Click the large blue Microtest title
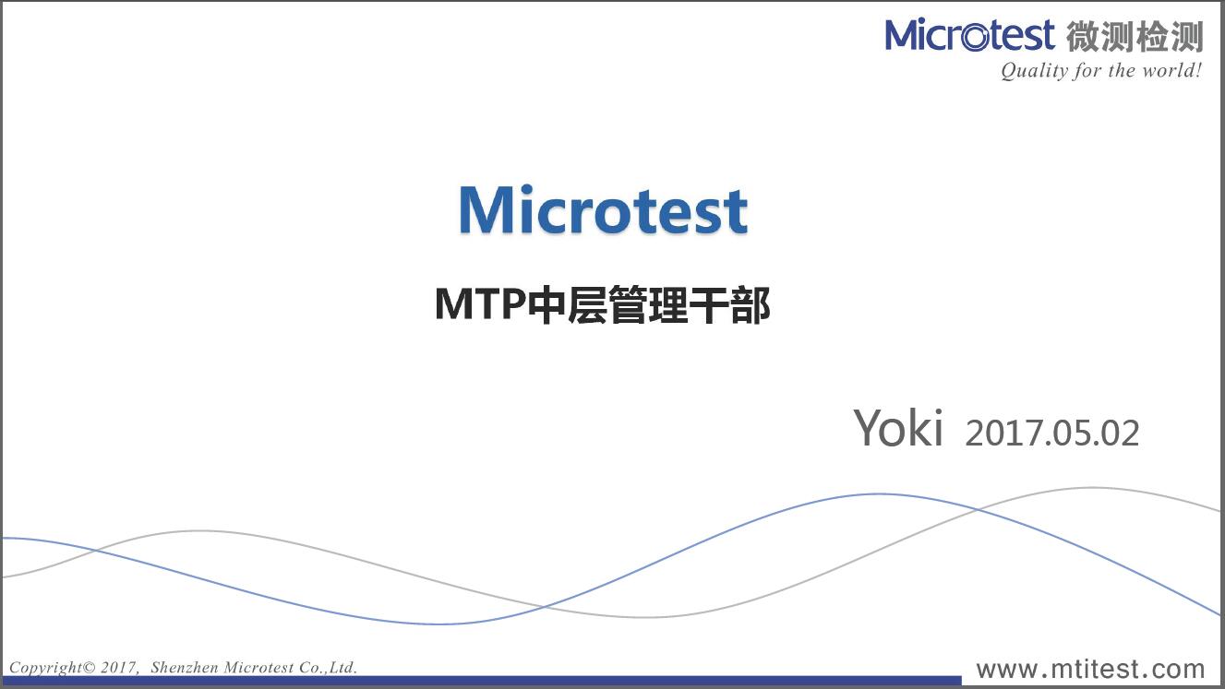[603, 209]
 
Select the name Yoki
[898, 428]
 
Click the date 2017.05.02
[1052, 434]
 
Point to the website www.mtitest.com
[1090, 669]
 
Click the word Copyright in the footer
[45, 668]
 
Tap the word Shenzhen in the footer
[185, 667]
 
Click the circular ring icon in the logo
[975, 37]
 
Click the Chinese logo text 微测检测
[1135, 37]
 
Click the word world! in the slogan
[1177, 70]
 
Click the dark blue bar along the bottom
[482, 681]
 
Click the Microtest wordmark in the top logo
[969, 35]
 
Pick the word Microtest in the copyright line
[258, 667]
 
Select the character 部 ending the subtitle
[751, 304]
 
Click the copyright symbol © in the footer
[90, 668]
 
